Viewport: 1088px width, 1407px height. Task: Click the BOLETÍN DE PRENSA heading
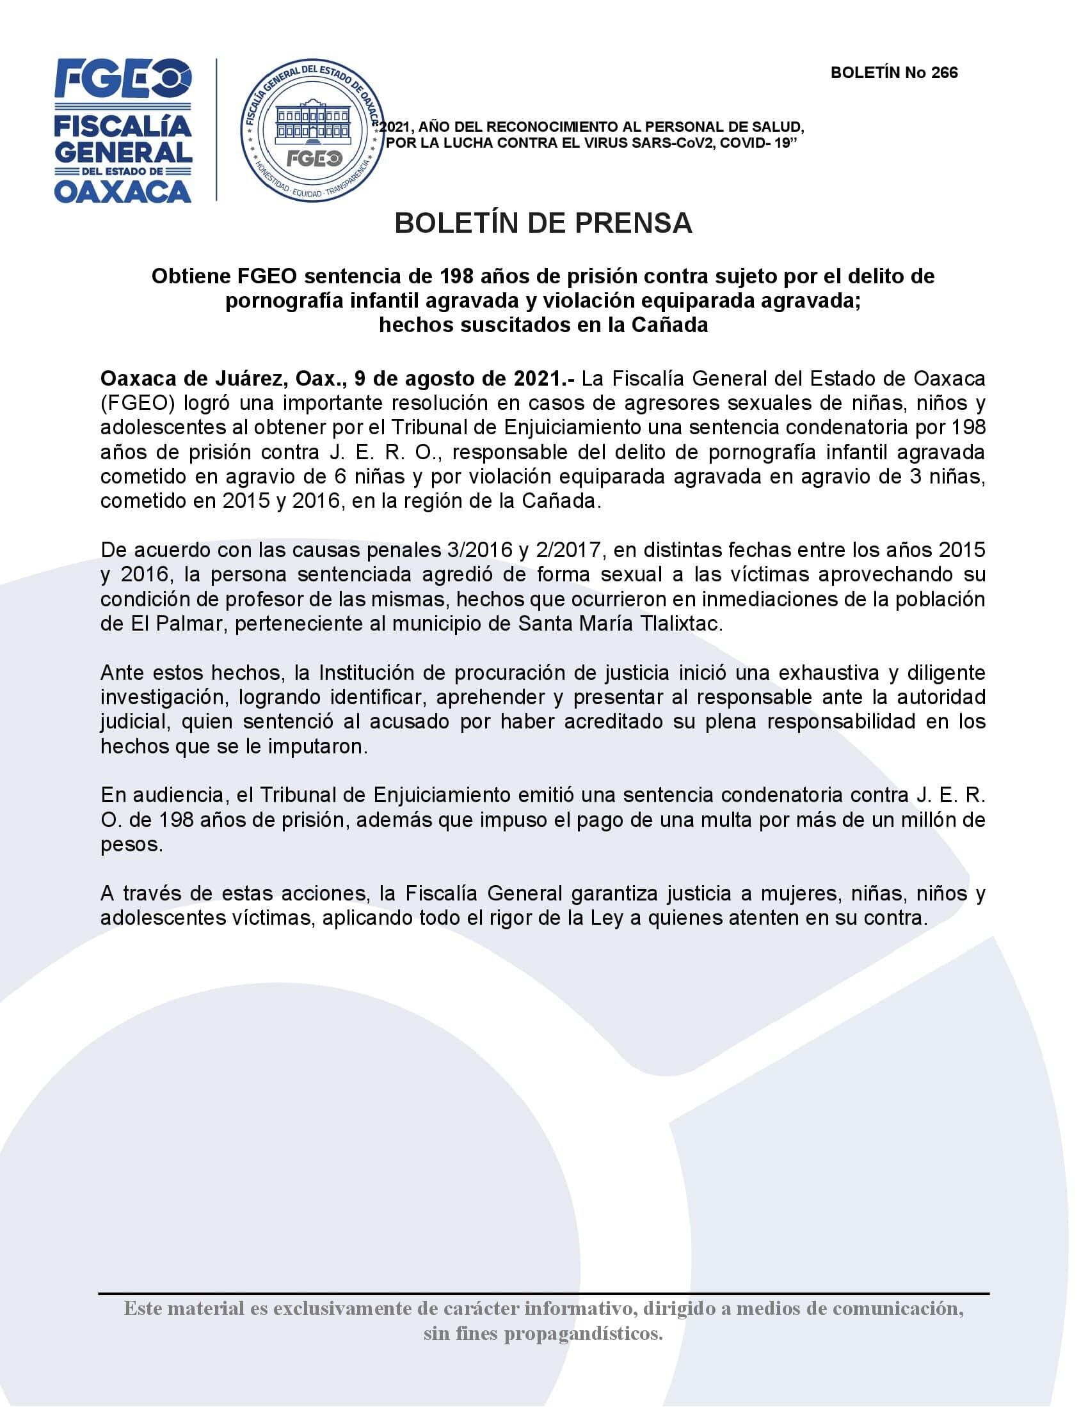(x=543, y=223)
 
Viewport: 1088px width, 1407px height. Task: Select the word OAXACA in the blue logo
(x=122, y=191)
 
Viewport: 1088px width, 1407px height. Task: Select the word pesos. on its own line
(x=131, y=845)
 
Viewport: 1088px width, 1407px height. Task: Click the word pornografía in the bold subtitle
(x=293, y=301)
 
